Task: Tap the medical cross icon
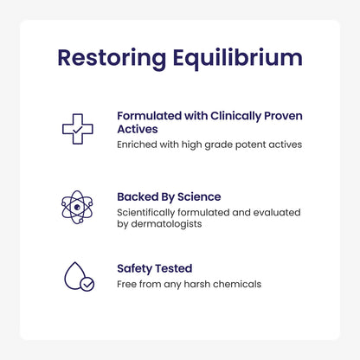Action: point(77,129)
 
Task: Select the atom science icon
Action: point(77,206)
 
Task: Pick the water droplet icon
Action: point(77,276)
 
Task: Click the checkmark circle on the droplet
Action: point(87,284)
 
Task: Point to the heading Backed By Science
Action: point(169,196)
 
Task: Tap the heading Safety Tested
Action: point(155,268)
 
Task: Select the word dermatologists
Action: point(177,223)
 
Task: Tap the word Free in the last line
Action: point(127,283)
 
